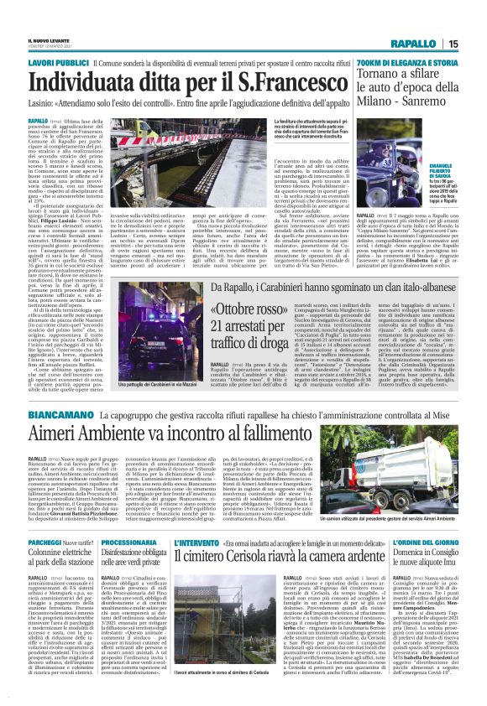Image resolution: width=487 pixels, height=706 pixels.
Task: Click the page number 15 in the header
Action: point(476,44)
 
